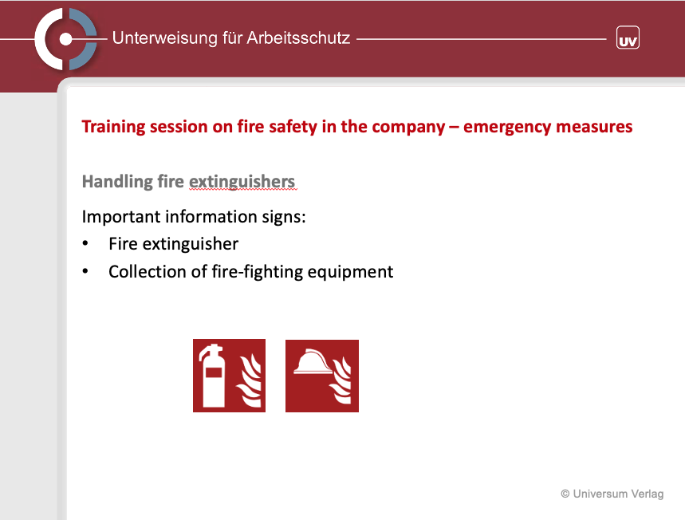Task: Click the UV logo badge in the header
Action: tap(628, 37)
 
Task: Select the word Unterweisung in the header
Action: tap(165, 38)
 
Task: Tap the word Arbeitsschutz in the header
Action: tap(298, 38)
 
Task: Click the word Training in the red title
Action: tap(113, 127)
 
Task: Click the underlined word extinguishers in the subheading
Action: tap(242, 182)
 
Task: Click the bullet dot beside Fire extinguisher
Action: tap(85, 244)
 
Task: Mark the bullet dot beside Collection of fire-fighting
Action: tap(85, 271)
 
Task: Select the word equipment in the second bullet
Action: tap(350, 272)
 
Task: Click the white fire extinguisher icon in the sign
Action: tap(213, 376)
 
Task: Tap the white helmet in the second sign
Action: tap(313, 362)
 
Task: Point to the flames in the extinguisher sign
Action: tap(250, 381)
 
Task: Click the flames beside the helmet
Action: tap(341, 380)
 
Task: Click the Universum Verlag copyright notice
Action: tap(612, 494)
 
